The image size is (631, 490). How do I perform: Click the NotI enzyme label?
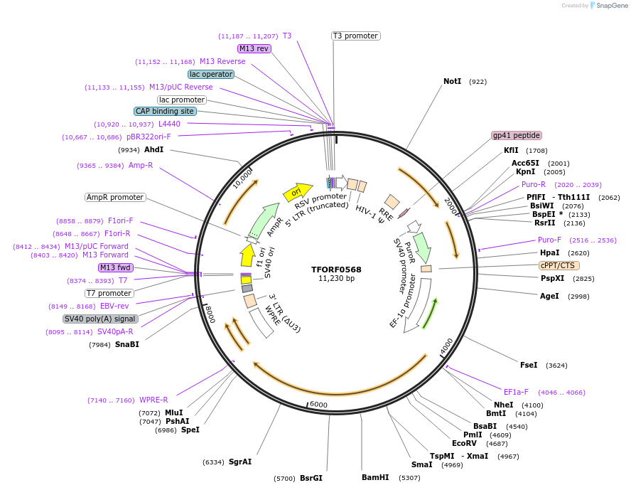point(452,82)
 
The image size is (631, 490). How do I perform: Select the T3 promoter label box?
point(355,36)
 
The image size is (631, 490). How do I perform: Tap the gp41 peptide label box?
point(517,135)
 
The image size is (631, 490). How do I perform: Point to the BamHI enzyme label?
point(375,477)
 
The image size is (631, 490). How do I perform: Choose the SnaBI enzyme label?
point(127,345)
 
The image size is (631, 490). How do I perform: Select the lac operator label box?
point(211,74)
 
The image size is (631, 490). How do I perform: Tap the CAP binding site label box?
point(165,111)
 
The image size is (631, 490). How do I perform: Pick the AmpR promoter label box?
point(114,197)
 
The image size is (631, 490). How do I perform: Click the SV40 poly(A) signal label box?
point(99,319)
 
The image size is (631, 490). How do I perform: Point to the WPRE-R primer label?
point(153,400)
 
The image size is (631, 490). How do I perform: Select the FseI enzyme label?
point(529,365)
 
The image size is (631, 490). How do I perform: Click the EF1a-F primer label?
point(517,392)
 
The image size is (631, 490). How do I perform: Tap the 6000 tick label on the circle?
point(318,405)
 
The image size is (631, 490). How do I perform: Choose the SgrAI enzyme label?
point(240,462)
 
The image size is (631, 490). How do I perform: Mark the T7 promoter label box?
point(109,293)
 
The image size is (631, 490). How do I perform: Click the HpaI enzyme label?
point(549,252)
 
